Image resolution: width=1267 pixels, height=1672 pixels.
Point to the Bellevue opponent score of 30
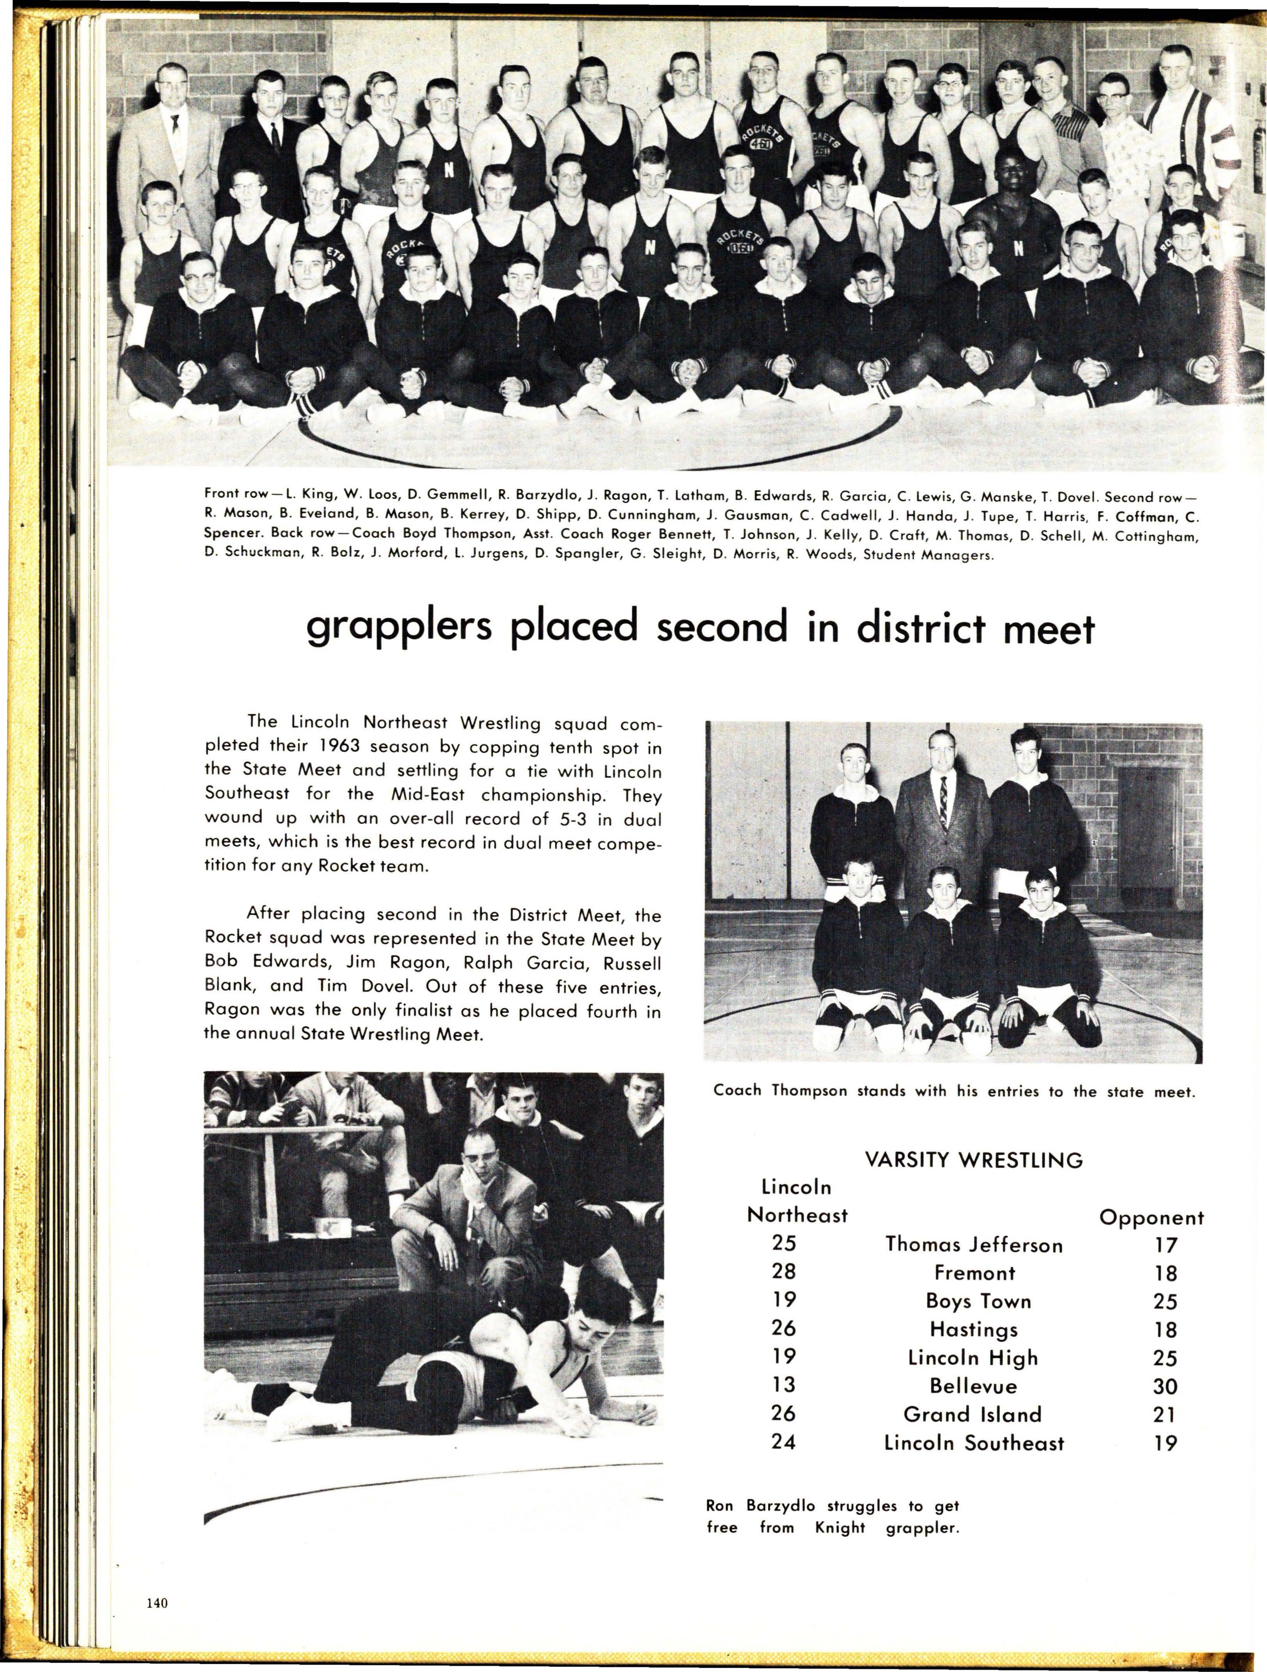[1166, 1386]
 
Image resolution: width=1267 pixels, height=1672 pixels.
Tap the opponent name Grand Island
[972, 1414]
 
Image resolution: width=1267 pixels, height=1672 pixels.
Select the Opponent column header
[1151, 1218]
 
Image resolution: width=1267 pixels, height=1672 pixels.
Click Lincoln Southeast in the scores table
[974, 1443]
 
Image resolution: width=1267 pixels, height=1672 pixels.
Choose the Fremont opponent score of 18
[1166, 1274]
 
